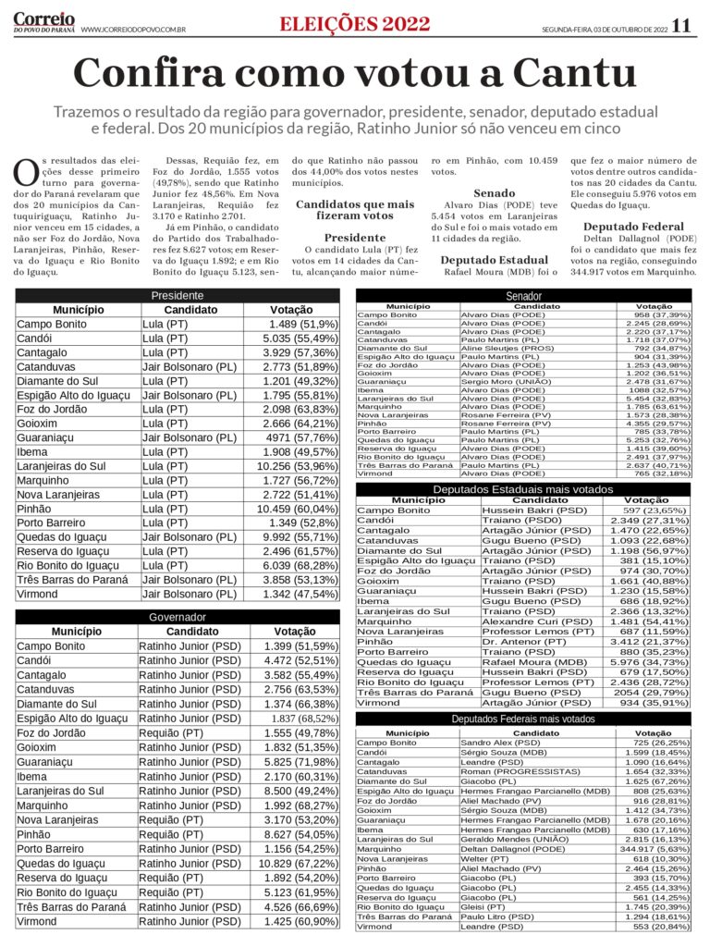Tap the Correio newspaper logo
[x=43, y=22]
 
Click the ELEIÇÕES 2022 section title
[x=355, y=25]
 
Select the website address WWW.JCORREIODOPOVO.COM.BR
[x=133, y=30]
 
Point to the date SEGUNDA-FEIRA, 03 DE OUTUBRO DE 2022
[x=605, y=30]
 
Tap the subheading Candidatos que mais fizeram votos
[x=355, y=210]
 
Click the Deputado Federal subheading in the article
[x=633, y=227]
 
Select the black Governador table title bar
[x=177, y=617]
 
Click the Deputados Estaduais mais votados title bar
[x=523, y=488]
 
